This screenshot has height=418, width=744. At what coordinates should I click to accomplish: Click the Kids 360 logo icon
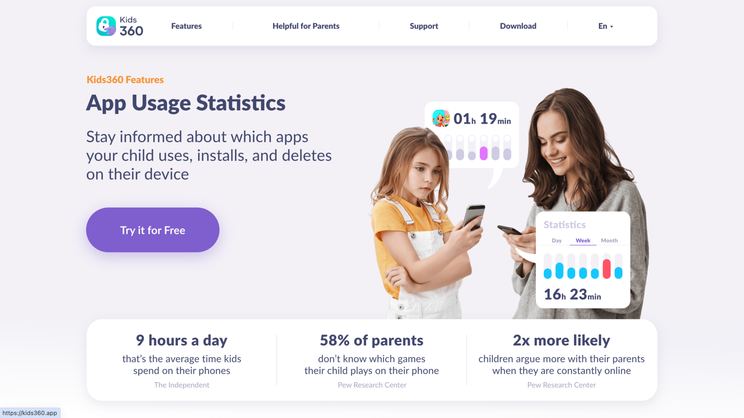pos(106,26)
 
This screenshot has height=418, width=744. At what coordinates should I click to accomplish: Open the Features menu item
pos(186,26)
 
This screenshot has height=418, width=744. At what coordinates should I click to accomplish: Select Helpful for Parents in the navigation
pos(306,26)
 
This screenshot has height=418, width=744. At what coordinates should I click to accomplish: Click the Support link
pos(424,26)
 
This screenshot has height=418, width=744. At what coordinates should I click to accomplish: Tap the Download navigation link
pos(518,26)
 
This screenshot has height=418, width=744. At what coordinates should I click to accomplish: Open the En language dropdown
pos(605,26)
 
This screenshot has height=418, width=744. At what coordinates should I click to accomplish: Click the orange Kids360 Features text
pos(125,80)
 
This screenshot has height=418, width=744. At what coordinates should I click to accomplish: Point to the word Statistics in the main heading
pos(241,103)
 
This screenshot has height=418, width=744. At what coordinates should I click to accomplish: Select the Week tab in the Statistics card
pos(583,240)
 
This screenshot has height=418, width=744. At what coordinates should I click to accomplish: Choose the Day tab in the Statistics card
pos(557,240)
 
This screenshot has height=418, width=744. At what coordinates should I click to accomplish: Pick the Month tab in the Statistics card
pos(609,240)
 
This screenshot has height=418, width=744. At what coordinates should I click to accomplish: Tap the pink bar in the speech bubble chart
pos(484,153)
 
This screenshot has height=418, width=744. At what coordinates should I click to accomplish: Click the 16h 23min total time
pos(572,294)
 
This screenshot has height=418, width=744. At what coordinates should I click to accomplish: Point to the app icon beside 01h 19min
pos(441,118)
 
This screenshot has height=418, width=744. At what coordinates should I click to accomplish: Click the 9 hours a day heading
pos(182,340)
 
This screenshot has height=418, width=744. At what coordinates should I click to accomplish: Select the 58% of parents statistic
pos(372,340)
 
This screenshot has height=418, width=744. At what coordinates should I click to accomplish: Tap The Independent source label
pos(182,385)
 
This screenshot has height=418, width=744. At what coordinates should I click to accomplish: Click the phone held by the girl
pos(473,217)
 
